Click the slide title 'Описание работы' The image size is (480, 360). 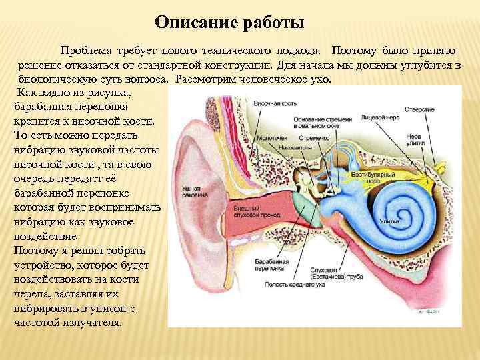click(229, 23)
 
